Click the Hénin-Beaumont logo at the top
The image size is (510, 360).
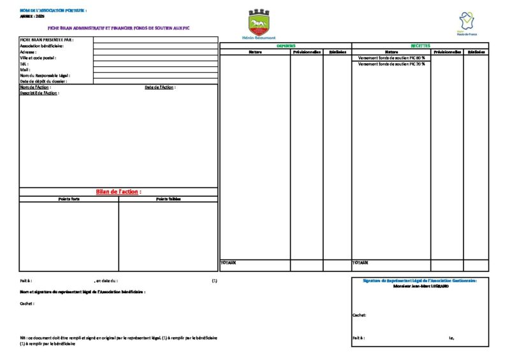pyautogui.click(x=258, y=24)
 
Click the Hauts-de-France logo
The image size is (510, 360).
pyautogui.click(x=467, y=23)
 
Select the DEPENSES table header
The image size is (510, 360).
pyautogui.click(x=286, y=46)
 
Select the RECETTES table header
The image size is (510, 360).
pyautogui.click(x=420, y=46)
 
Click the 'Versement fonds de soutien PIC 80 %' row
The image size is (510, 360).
pyautogui.click(x=391, y=58)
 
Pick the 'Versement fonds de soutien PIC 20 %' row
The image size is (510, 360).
pyautogui.click(x=391, y=64)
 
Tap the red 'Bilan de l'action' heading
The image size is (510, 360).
pyautogui.click(x=119, y=192)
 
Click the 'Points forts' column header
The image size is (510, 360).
pyautogui.click(x=69, y=199)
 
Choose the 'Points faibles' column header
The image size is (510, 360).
pyautogui.click(x=168, y=199)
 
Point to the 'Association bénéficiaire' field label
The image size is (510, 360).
pyautogui.click(x=41, y=46)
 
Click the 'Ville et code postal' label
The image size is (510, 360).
pyautogui.click(x=38, y=58)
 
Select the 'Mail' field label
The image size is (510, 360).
pyautogui.click(x=25, y=69)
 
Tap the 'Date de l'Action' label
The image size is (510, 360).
pyautogui.click(x=160, y=87)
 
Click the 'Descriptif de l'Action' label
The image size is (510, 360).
pyautogui.click(x=40, y=93)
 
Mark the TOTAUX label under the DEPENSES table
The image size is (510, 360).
pyautogui.click(x=228, y=263)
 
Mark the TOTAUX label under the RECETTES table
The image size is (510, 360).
pyautogui.click(x=360, y=263)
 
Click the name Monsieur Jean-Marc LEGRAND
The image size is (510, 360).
pyautogui.click(x=421, y=286)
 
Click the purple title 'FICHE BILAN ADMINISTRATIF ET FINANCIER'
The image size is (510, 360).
pyautogui.click(x=119, y=29)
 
